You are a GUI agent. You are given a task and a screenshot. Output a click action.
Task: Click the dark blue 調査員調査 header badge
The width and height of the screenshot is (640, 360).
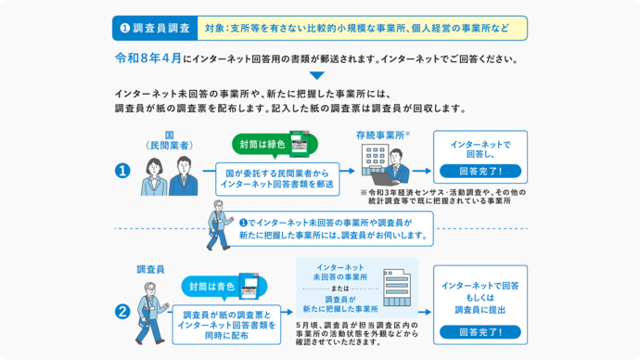coord(155,28)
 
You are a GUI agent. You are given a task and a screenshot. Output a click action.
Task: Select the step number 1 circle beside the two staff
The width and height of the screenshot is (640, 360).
coord(122,171)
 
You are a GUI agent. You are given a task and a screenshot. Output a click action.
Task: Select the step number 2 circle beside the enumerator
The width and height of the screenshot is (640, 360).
coord(122,313)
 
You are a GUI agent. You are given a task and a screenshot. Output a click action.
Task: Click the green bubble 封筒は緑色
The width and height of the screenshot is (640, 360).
coord(262,145)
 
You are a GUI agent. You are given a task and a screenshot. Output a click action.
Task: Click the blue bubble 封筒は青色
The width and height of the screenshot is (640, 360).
coord(211,286)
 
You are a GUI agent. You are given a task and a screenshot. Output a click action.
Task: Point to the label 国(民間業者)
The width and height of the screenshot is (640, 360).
coord(170,140)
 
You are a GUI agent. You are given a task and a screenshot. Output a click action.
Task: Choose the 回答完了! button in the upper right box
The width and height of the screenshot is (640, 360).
coord(480,171)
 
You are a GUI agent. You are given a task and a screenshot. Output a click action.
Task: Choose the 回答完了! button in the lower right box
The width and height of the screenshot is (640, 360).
coord(480,331)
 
